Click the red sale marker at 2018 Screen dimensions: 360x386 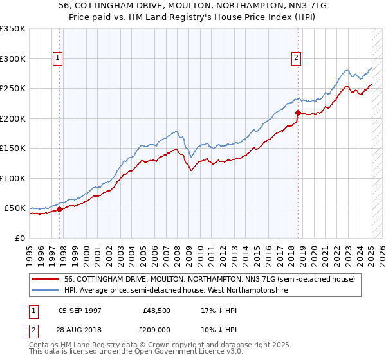[298, 113]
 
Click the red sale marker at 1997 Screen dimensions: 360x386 [59, 209]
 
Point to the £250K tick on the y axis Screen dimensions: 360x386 [14, 88]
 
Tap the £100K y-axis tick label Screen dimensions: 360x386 [14, 178]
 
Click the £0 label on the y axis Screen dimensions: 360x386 [20, 238]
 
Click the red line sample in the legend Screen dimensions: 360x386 [46, 279]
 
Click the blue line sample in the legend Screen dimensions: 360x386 [46, 291]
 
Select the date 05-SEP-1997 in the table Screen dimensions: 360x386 [80, 310]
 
